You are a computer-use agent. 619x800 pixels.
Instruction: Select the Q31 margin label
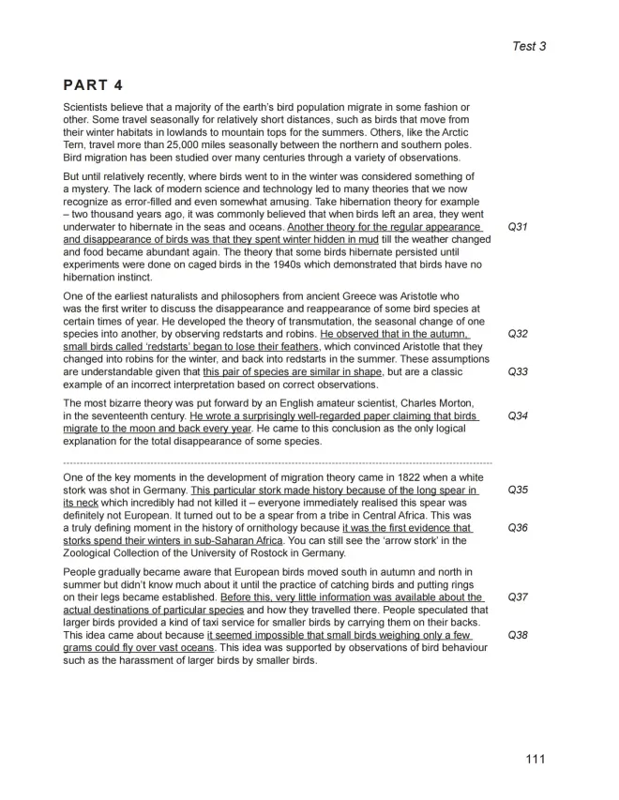coord(517,228)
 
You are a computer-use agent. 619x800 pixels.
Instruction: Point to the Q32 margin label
coord(517,334)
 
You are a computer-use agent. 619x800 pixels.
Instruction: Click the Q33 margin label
coord(517,372)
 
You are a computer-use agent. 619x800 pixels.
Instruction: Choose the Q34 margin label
coord(517,416)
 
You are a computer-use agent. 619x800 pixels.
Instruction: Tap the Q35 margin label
coord(517,490)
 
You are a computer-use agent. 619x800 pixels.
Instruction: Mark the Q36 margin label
coord(517,528)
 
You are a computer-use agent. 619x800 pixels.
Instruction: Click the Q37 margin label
coord(517,596)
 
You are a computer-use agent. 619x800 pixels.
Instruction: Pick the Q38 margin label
coord(517,635)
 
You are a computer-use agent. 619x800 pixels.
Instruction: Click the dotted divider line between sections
coord(277,463)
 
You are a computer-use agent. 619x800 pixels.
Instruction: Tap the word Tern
coord(77,145)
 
